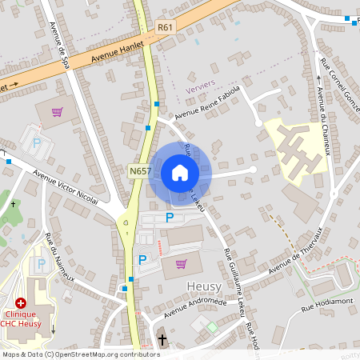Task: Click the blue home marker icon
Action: pos(180,172)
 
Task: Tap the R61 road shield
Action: pos(166,27)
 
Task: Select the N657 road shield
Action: pos(139,171)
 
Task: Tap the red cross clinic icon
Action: pos(21,304)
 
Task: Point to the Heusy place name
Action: pos(203,286)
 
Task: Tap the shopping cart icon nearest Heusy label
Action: pos(182,265)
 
